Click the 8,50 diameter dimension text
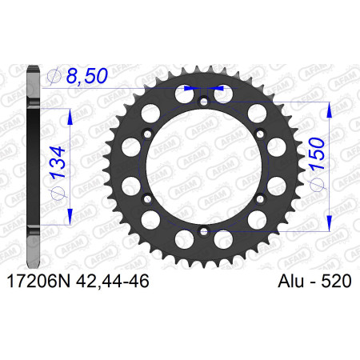(87, 76)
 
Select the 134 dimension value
(58, 162)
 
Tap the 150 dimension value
(317, 154)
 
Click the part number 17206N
(38, 281)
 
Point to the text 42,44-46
(112, 281)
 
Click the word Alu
(290, 281)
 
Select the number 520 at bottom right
(336, 281)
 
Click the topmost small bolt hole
(204, 102)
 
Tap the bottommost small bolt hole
(204, 231)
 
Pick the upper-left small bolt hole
(147, 134)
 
